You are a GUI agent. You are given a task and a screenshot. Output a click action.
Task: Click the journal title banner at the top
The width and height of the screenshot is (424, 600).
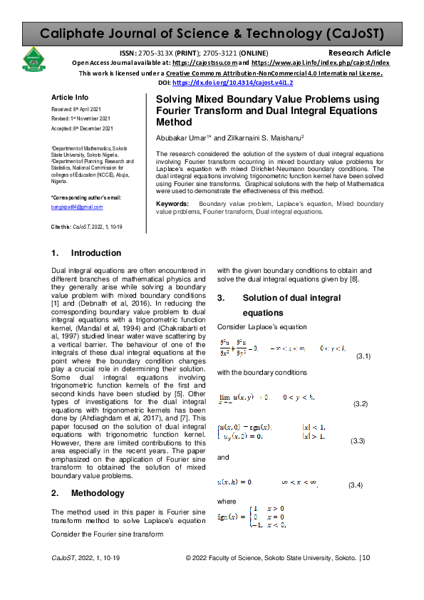(x=212, y=33)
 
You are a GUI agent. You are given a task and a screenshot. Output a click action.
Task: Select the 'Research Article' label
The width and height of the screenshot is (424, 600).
(x=359, y=53)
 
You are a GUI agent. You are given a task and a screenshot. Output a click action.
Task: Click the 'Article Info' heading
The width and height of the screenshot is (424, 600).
(x=70, y=98)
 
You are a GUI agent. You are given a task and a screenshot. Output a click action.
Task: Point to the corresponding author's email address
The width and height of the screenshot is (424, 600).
(x=78, y=207)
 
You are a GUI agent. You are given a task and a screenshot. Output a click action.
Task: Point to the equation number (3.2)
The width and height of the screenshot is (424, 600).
(x=361, y=405)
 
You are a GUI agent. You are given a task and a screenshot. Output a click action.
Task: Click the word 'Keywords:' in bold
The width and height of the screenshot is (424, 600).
(x=172, y=205)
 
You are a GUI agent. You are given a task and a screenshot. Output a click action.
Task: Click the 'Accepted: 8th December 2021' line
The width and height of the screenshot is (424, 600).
(x=82, y=128)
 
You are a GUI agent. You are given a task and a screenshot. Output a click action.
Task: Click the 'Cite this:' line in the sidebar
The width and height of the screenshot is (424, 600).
(x=83, y=225)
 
